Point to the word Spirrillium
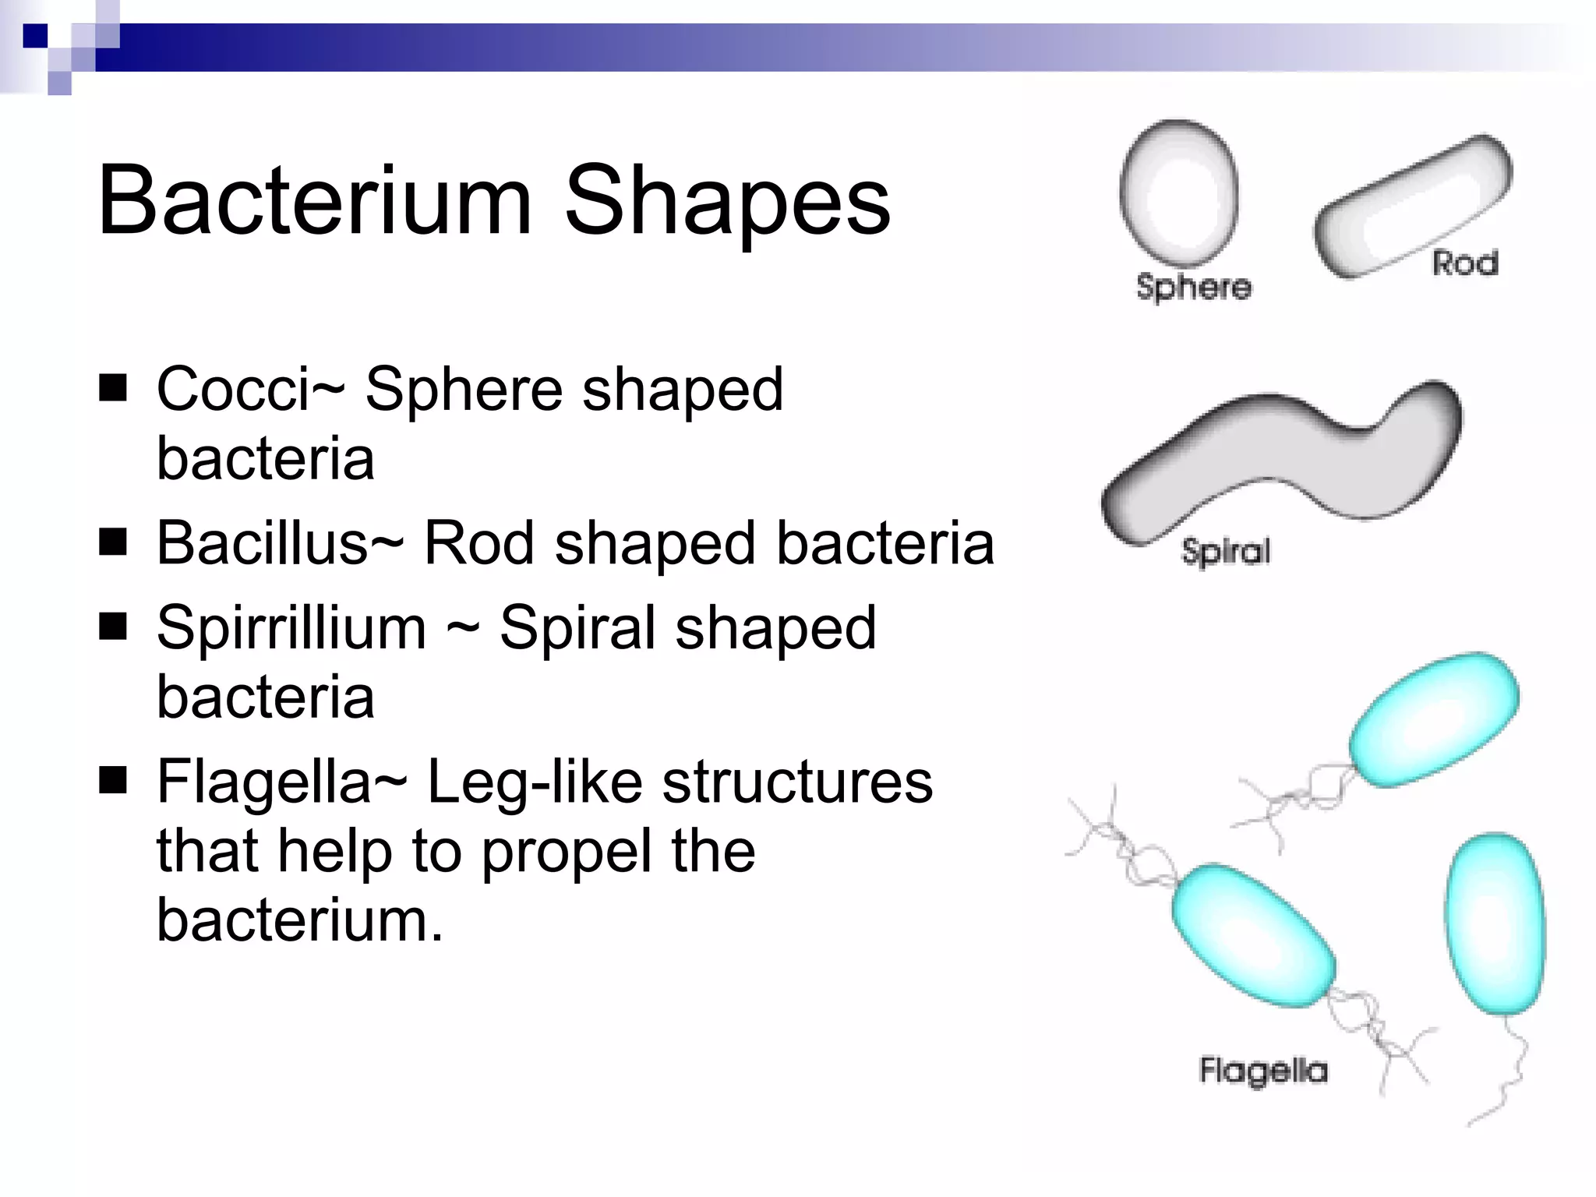291,627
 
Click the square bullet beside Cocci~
113,387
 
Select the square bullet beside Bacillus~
113,541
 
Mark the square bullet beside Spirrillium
113,626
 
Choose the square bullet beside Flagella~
113,779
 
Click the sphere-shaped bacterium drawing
1178,192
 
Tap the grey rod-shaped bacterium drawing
1412,207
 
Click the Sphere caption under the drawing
1193,288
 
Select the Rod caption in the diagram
1465,263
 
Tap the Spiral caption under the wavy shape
1226,552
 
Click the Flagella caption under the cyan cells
1263,1071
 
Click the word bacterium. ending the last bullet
300,921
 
